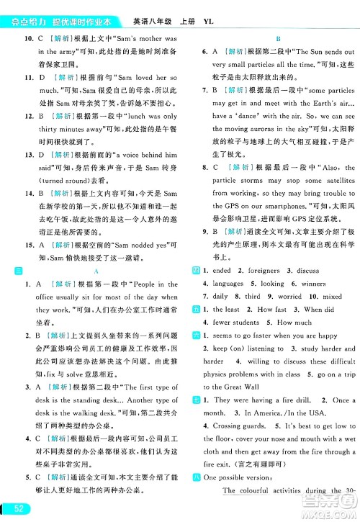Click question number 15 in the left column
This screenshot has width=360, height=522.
pyautogui.click(x=29, y=244)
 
